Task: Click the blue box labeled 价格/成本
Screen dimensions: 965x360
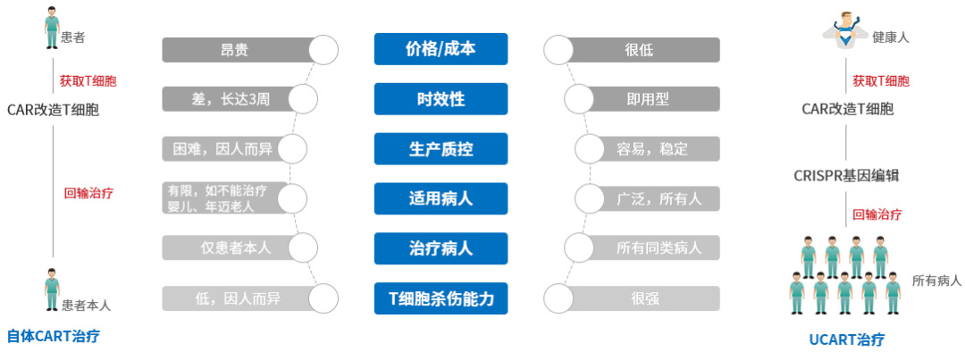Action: pyautogui.click(x=441, y=49)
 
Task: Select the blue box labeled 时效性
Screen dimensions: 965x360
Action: pyautogui.click(x=441, y=98)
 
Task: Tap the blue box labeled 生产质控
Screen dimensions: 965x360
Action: pyautogui.click(x=441, y=148)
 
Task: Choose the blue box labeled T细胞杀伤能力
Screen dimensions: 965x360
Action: pyautogui.click(x=441, y=297)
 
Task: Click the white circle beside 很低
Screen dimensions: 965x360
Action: pyautogui.click(x=558, y=50)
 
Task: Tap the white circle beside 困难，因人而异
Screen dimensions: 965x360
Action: pyautogui.click(x=292, y=148)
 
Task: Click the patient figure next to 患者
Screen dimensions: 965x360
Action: pyautogui.click(x=53, y=29)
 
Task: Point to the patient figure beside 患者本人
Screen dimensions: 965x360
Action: pyautogui.click(x=53, y=292)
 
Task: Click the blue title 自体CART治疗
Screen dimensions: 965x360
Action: pyautogui.click(x=53, y=338)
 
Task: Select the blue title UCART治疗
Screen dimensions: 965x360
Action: pyautogui.click(x=844, y=340)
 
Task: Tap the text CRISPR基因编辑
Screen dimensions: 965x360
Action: pyautogui.click(x=845, y=175)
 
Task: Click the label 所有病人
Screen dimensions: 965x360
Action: pyautogui.click(x=936, y=280)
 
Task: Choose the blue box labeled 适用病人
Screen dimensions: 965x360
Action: pyautogui.click(x=441, y=198)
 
